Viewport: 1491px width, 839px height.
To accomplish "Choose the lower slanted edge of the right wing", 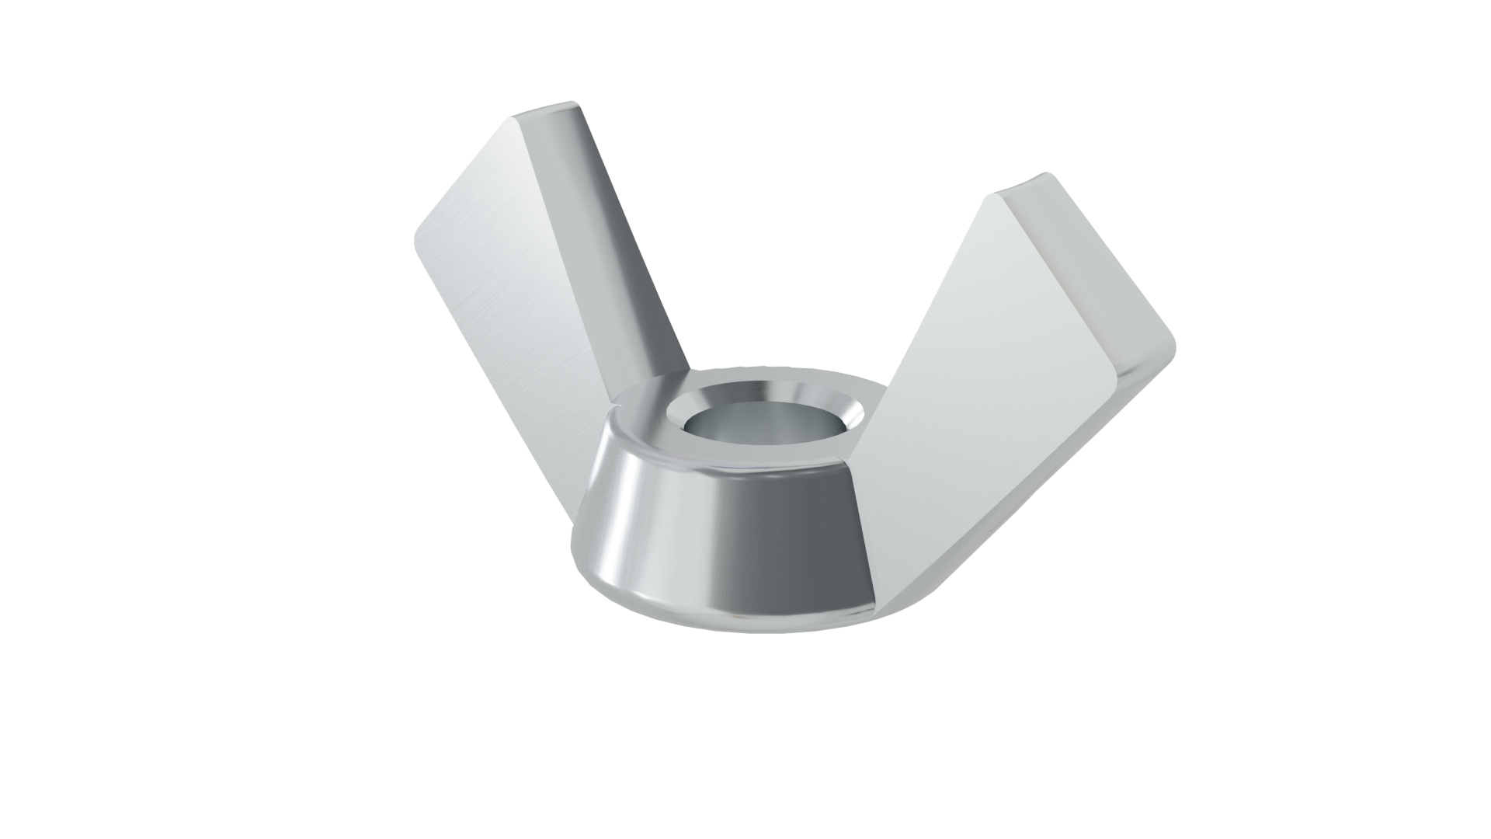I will click(1025, 497).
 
